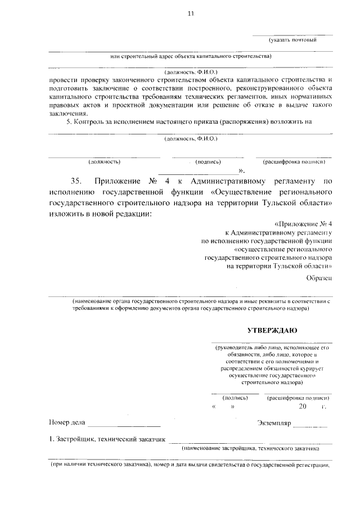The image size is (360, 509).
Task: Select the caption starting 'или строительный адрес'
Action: (x=190, y=56)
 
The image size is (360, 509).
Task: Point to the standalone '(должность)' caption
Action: (x=105, y=161)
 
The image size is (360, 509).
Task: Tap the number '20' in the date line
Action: (x=303, y=407)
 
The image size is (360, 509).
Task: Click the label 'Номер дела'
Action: (x=66, y=422)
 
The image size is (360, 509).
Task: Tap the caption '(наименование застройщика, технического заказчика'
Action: (x=250, y=449)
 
